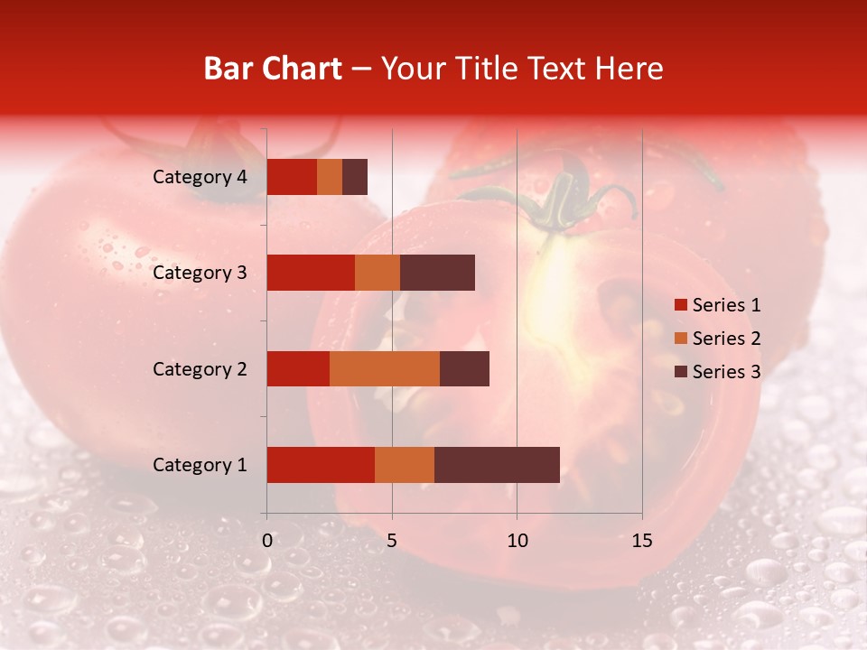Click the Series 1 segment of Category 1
click(x=321, y=465)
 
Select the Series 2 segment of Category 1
click(x=405, y=465)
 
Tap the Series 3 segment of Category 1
click(x=497, y=465)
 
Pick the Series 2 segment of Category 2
click(x=385, y=368)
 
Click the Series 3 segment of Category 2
click(x=464, y=368)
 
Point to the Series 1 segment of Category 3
click(x=311, y=273)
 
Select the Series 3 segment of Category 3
click(x=437, y=273)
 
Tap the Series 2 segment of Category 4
click(x=330, y=177)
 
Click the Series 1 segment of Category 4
click(x=292, y=177)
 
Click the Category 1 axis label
click(x=200, y=465)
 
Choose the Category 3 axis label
click(x=200, y=273)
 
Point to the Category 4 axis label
click(x=200, y=177)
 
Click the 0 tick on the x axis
click(x=267, y=541)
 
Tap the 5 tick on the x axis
click(x=392, y=541)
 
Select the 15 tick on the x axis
click(x=642, y=541)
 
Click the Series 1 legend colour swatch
click(x=680, y=305)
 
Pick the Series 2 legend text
click(x=726, y=339)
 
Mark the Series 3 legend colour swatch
click(x=680, y=372)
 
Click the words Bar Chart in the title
click(x=273, y=69)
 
